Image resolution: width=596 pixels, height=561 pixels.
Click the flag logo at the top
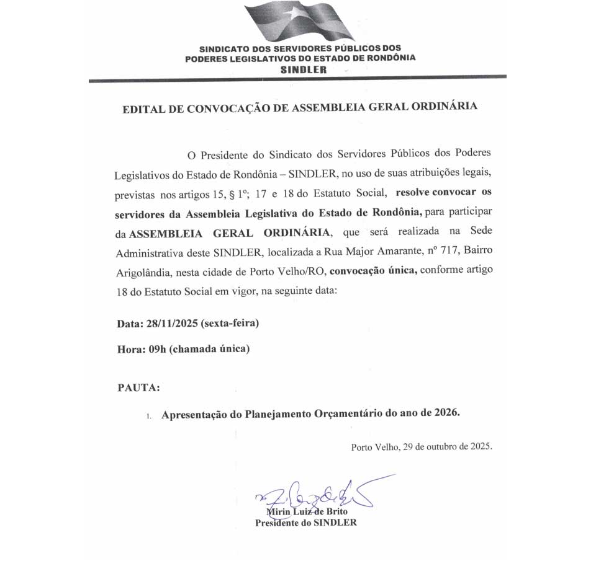pos(300,21)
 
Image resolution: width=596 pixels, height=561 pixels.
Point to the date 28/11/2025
pos(169,324)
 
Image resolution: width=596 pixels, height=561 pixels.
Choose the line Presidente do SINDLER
pos(306,522)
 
